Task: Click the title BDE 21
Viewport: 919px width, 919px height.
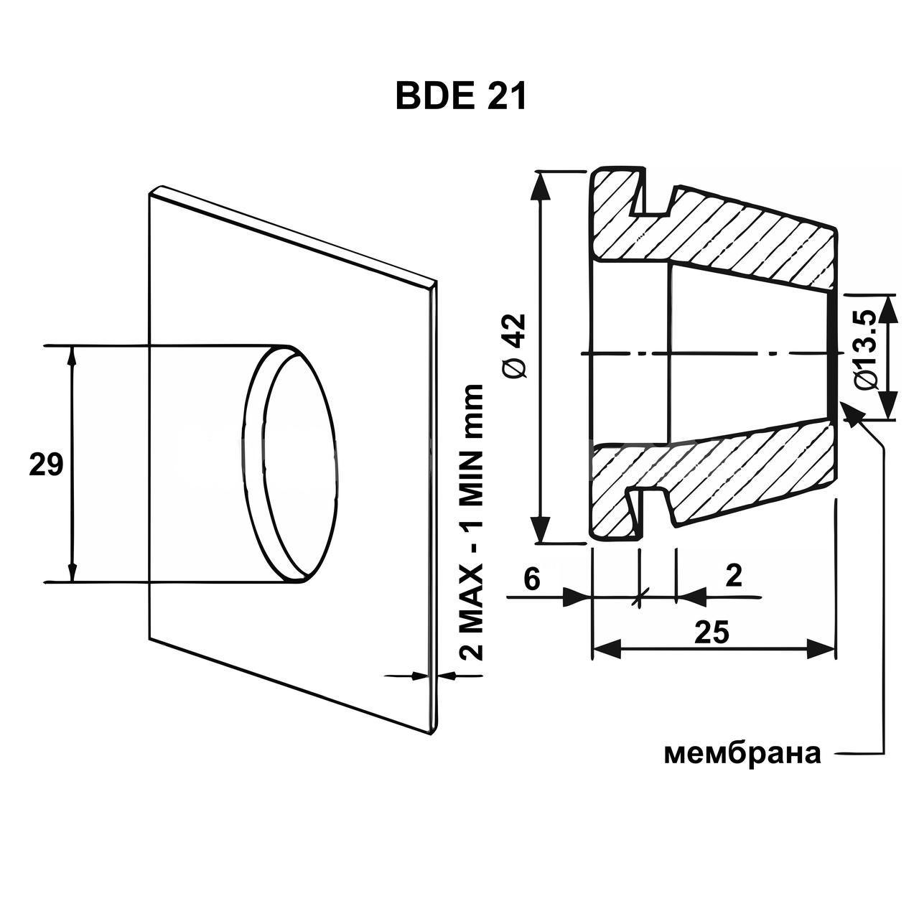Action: tap(461, 98)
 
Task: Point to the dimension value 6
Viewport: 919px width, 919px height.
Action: tap(532, 579)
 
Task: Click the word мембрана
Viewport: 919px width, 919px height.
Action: tap(742, 755)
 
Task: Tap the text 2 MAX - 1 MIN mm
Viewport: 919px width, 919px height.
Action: tap(471, 522)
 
